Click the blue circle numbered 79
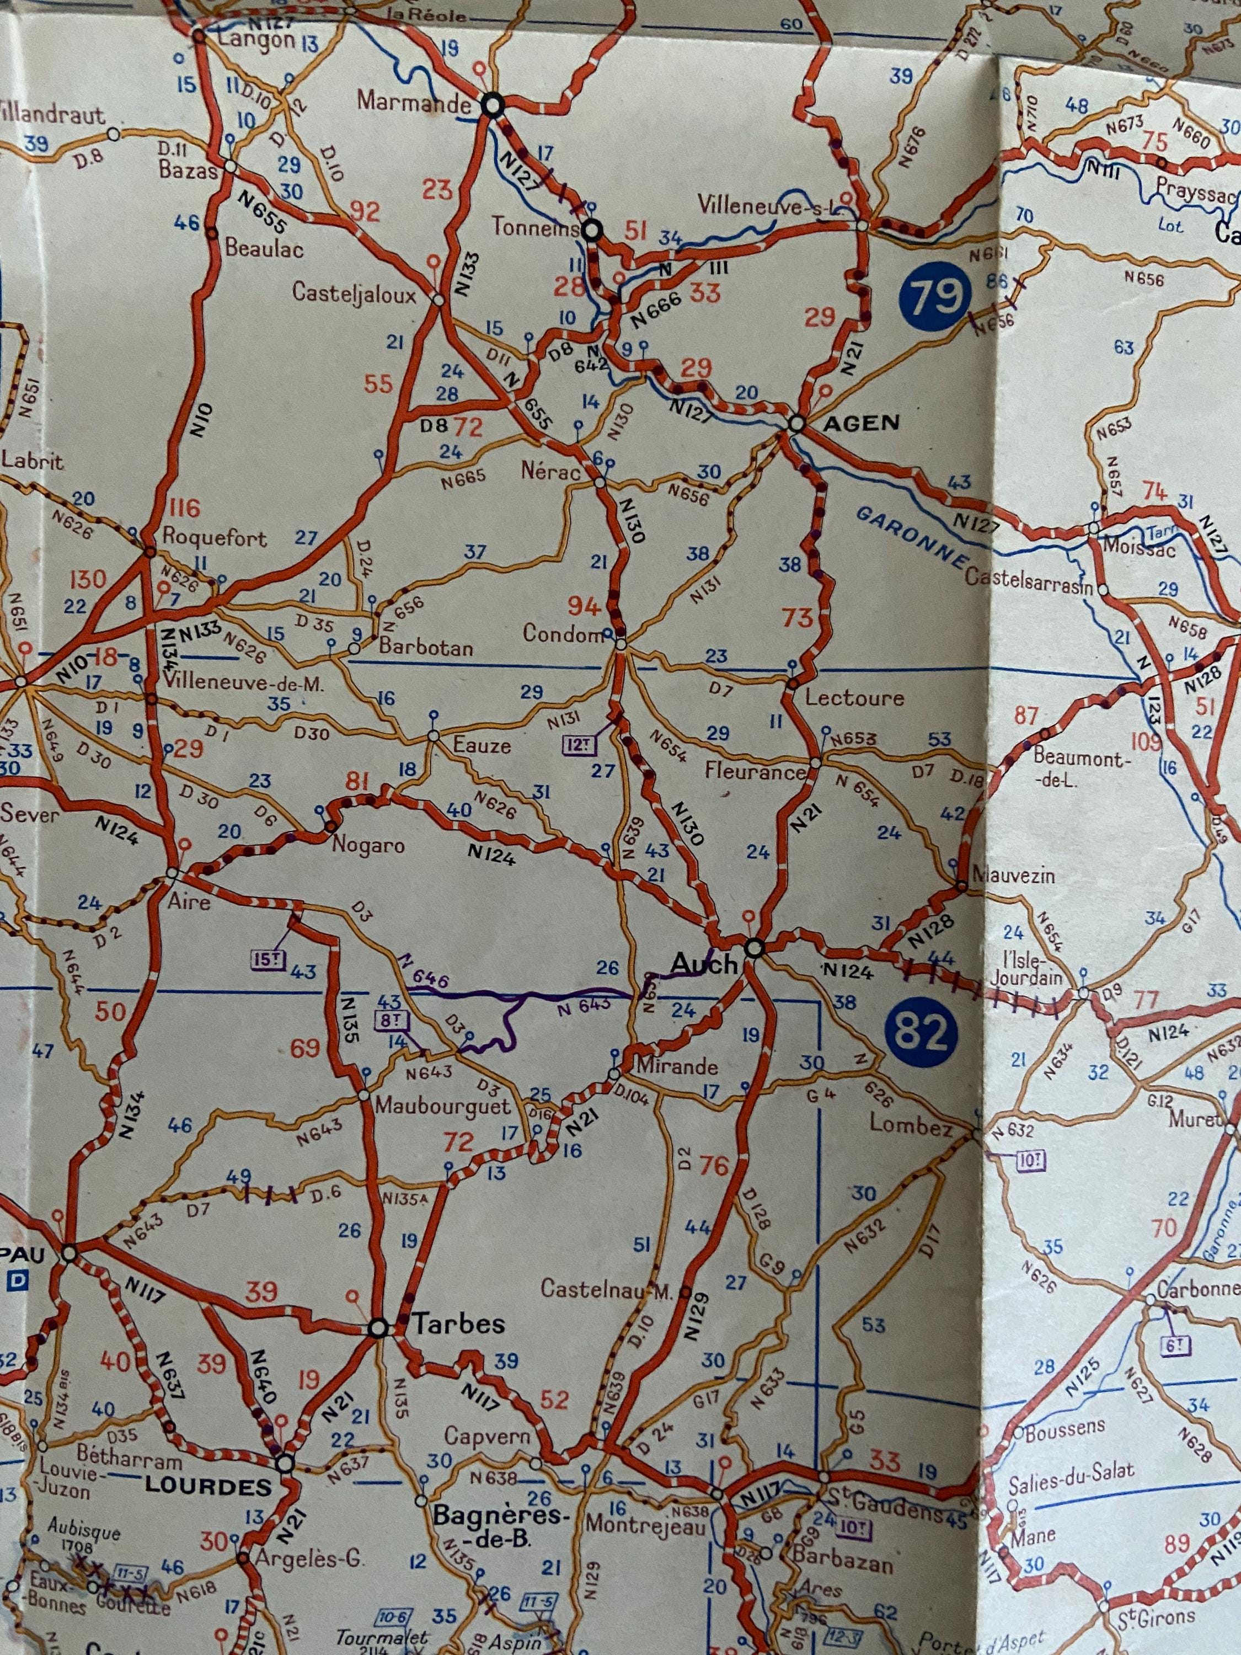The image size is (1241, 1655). point(935,296)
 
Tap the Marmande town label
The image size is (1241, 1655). point(414,102)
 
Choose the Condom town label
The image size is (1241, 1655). point(563,634)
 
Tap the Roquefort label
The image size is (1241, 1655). point(214,538)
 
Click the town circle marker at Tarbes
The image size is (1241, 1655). point(379,1328)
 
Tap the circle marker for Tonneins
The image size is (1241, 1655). point(592,231)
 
